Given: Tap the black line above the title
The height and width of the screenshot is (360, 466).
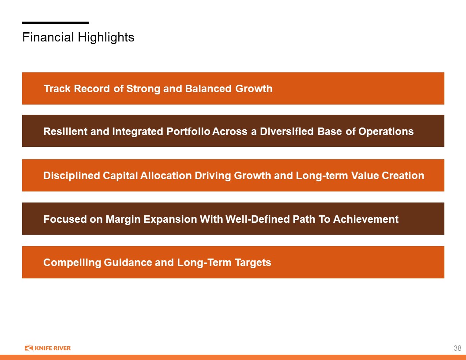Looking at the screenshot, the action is point(55,22).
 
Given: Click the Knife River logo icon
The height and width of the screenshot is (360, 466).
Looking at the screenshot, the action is point(29,348).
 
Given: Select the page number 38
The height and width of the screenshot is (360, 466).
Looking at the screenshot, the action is point(457,348).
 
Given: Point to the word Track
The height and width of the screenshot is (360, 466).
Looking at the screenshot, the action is point(57,89).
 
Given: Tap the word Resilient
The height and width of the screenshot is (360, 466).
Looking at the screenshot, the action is point(65,131).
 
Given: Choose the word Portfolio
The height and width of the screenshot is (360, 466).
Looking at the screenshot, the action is point(188,131).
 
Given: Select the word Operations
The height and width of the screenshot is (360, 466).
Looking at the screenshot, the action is point(386,131).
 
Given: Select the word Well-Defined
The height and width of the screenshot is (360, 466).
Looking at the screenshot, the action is point(257,219).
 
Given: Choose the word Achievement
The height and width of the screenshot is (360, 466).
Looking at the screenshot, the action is point(366,219).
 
